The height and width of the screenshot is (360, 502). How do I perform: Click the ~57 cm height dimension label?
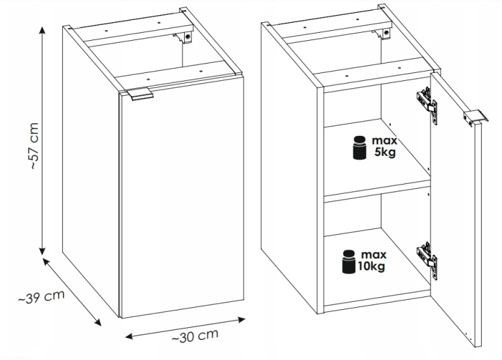[34, 146]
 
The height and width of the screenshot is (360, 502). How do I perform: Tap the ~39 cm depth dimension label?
[41, 296]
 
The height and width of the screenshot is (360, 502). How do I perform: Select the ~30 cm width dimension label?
[195, 336]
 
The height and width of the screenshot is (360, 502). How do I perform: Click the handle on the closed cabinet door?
[140, 94]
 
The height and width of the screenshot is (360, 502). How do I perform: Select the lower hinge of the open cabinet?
[427, 260]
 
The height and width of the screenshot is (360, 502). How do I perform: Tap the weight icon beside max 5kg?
[359, 147]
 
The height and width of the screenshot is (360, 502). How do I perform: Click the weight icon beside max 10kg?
[349, 262]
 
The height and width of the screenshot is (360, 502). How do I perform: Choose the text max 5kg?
[384, 147]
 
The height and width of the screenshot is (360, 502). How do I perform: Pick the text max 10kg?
[372, 260]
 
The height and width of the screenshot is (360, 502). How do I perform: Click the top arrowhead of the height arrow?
[42, 30]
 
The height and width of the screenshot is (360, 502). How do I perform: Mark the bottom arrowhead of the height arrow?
[42, 251]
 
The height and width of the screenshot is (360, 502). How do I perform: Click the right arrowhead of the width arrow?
[242, 319]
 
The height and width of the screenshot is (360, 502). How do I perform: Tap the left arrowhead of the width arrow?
[129, 337]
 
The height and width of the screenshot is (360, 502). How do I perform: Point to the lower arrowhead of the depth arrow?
[97, 323]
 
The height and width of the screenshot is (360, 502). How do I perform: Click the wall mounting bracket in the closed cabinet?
[184, 37]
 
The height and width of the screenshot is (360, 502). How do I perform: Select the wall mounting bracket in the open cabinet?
[382, 33]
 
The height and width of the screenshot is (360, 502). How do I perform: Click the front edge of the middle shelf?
[377, 191]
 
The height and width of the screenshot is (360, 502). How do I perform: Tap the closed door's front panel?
[183, 197]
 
